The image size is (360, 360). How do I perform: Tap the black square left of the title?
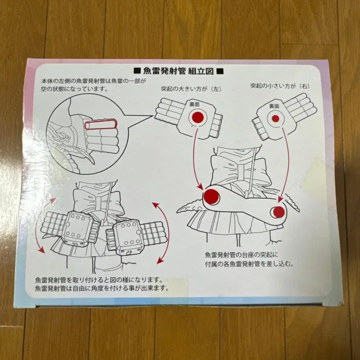coord(136,72)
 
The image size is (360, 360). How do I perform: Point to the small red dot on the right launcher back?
coord(275,118)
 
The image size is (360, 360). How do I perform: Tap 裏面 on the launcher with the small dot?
coord(274,106)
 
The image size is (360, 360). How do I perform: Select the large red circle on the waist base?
coord(212,197)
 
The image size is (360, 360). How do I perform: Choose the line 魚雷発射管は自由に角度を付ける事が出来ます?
coord(102,288)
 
